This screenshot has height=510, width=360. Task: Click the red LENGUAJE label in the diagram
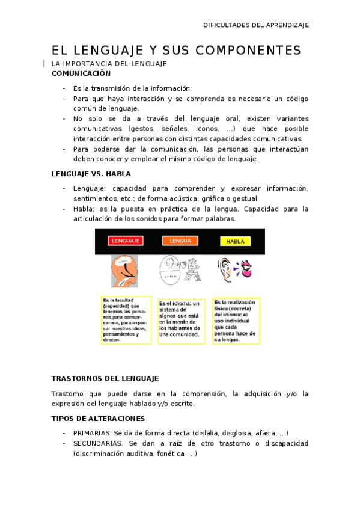[x=126, y=241]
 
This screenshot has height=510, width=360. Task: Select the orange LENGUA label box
[x=180, y=241]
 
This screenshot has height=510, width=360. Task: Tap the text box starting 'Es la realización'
[x=236, y=321]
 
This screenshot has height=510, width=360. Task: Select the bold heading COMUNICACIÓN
[x=81, y=73]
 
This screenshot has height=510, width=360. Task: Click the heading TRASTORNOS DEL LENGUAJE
[x=105, y=379]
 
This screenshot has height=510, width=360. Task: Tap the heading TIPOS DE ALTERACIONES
[x=99, y=418]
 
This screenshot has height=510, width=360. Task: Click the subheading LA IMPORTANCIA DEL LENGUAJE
[x=108, y=63]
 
